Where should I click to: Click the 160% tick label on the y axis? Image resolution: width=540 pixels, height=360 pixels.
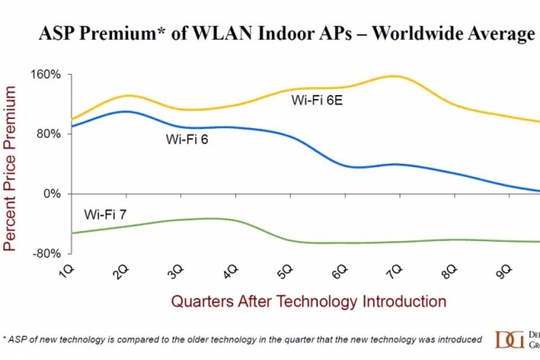pos(45,74)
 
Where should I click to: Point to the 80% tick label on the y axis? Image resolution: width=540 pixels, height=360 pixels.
pos(48,134)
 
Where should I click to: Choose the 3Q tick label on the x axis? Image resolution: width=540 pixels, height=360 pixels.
pos(175,272)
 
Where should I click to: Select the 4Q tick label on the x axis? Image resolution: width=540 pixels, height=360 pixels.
pos(229,272)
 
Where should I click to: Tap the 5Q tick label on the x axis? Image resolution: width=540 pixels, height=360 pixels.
pos(284,272)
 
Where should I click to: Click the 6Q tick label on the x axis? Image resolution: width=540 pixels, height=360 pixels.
pos(338,272)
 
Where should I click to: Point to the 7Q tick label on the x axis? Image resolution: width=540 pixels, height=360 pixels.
pos(392,272)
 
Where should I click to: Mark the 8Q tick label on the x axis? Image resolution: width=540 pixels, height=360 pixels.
pos(447,272)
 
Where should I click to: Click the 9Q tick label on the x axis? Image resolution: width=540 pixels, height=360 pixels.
pos(501,272)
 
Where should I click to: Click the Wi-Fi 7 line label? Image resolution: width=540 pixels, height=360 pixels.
pos(106,215)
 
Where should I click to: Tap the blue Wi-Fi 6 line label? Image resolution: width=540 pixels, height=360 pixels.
pos(186,140)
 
